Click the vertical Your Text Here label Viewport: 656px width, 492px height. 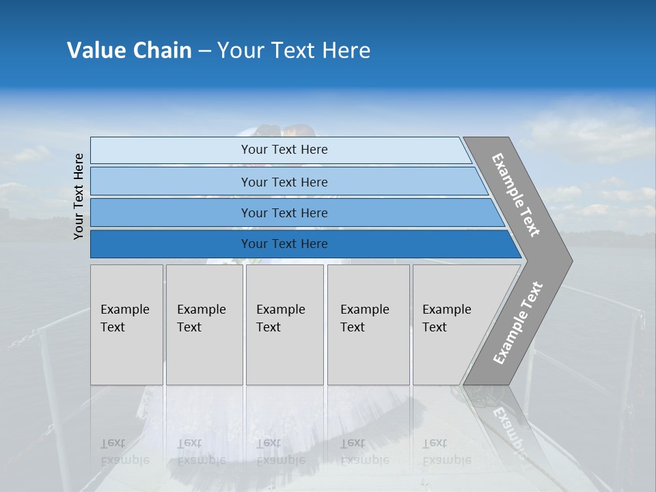coord(79,196)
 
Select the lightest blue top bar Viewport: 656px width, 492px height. coord(284,150)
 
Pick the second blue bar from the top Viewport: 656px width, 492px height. coord(284,182)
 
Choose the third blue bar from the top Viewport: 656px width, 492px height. coord(284,213)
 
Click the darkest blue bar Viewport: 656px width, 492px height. coord(284,244)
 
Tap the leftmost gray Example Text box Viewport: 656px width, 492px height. coord(126,325)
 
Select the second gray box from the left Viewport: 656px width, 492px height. coord(204,325)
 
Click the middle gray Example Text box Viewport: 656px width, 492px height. coord(284,325)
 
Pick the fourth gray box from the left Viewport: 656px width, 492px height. coord(368,325)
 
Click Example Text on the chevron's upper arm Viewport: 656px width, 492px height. coord(516,195)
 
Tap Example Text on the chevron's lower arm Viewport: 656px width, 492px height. coord(517,323)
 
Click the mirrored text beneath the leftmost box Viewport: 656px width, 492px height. coord(124,452)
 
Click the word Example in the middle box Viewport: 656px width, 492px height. coord(280,310)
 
